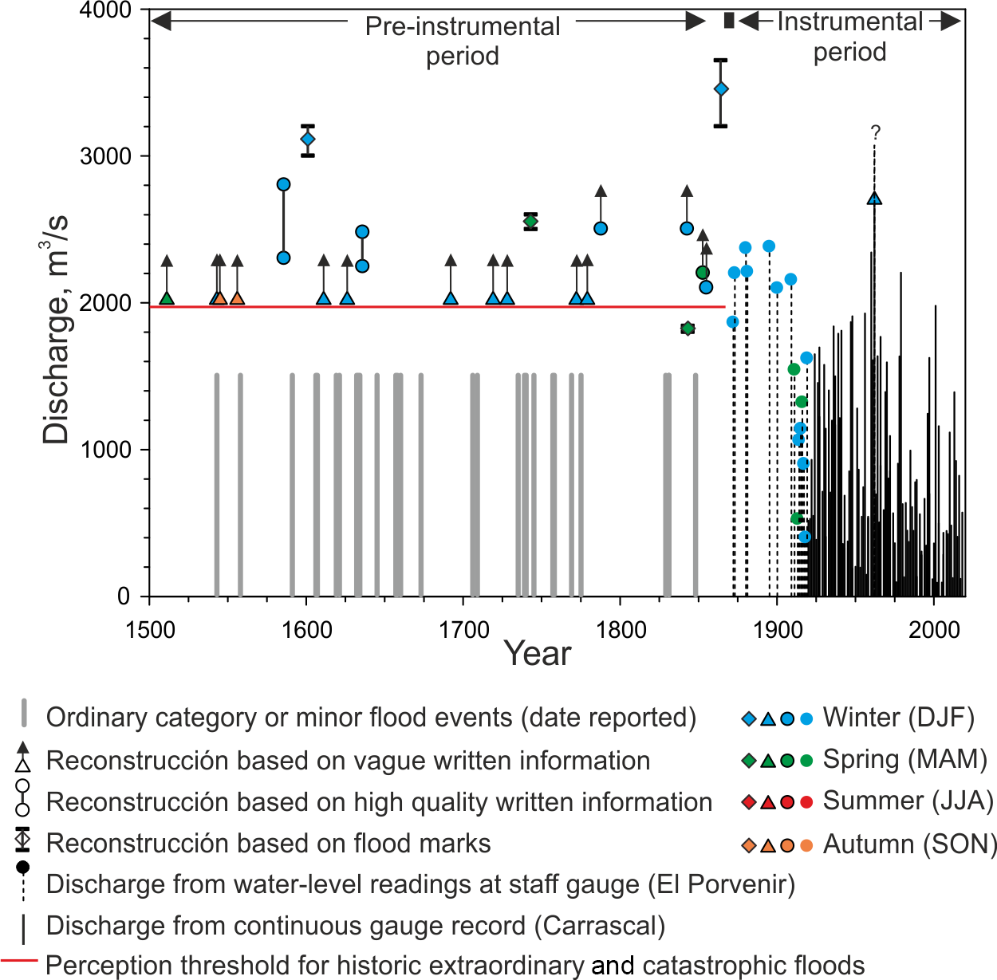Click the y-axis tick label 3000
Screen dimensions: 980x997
105,156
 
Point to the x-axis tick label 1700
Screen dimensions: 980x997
463,630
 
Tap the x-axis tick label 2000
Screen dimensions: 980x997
934,630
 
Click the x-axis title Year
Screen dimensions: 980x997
538,654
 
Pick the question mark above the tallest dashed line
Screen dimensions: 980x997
875,132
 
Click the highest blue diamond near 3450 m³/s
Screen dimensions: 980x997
721,89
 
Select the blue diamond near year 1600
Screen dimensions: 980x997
308,140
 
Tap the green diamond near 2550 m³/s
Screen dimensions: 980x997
530,221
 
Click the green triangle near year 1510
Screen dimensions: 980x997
167,297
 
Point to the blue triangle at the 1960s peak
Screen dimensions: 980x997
874,199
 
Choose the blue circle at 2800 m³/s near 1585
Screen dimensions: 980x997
283,184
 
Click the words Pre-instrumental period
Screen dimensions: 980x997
463,41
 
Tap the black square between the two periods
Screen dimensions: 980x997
728,21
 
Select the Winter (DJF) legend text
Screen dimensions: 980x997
899,718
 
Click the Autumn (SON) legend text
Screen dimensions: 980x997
910,844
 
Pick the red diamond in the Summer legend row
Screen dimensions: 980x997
748,801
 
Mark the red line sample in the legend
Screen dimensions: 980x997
19,960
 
